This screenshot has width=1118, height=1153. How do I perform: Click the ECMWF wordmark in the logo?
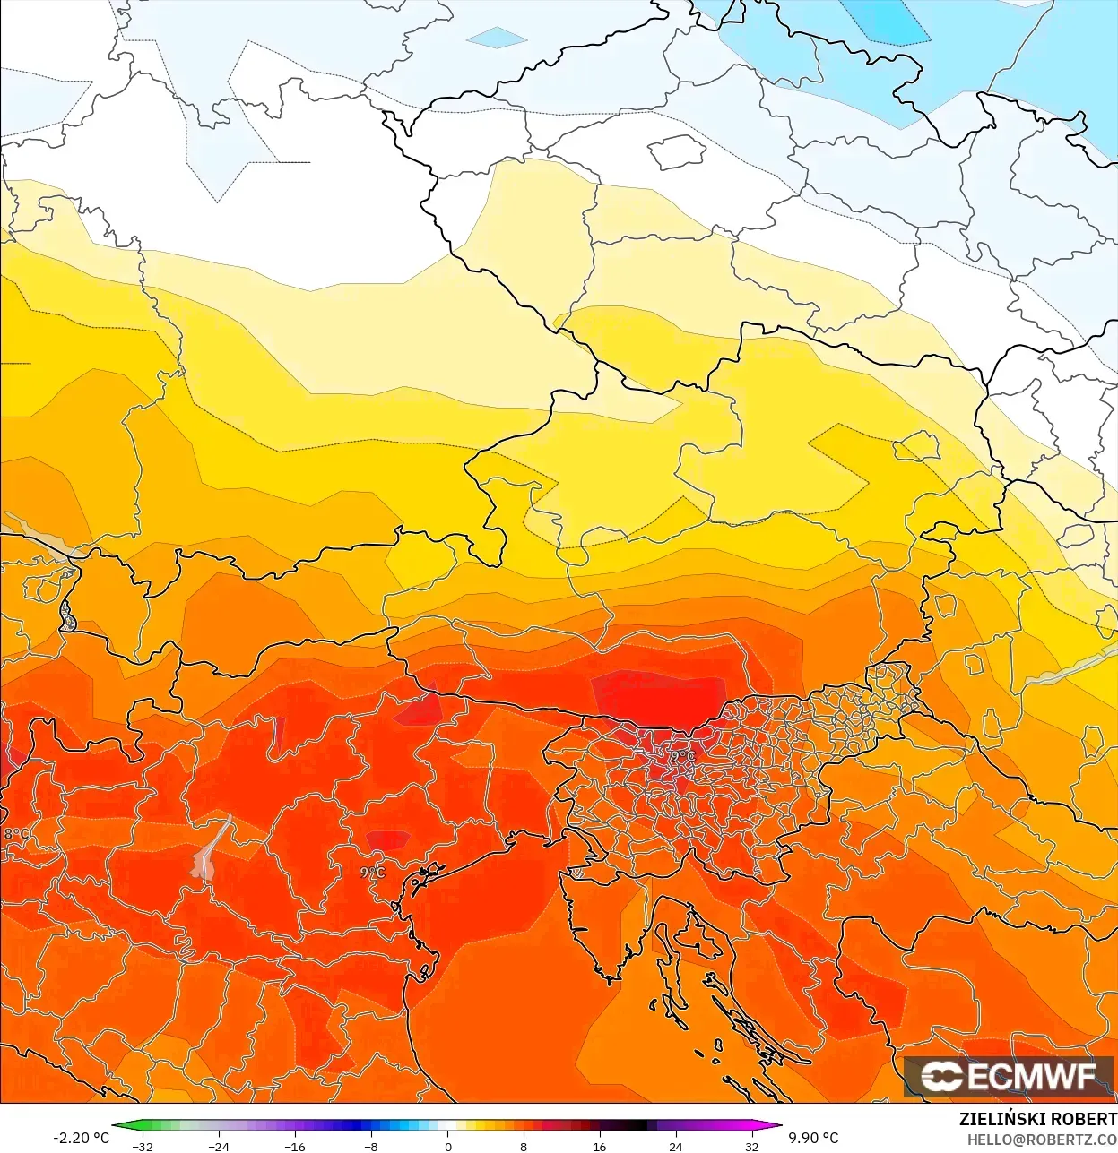(x=1031, y=1076)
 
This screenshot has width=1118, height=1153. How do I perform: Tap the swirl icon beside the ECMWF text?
(x=941, y=1076)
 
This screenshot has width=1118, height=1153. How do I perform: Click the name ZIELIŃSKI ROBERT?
(x=1037, y=1119)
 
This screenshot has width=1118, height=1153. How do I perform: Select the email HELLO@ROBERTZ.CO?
(x=1041, y=1140)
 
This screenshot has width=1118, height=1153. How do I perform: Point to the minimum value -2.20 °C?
(x=81, y=1138)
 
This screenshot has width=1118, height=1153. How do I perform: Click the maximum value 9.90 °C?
(x=813, y=1138)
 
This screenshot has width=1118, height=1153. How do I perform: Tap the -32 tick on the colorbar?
(x=143, y=1147)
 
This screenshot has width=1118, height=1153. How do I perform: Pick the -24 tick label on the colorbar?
(x=219, y=1147)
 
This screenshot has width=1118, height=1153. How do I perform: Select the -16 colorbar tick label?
(x=295, y=1147)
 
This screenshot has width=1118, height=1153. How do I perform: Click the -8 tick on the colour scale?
(x=371, y=1147)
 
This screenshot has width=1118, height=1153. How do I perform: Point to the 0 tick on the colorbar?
(x=447, y=1147)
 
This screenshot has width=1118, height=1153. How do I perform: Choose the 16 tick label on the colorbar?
(x=599, y=1147)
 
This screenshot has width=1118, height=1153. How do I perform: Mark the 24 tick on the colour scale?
(x=675, y=1147)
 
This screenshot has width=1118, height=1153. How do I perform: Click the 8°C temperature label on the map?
(x=16, y=834)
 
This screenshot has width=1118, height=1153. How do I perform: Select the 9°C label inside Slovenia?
(x=682, y=756)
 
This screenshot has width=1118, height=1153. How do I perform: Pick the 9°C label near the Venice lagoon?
(x=372, y=872)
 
